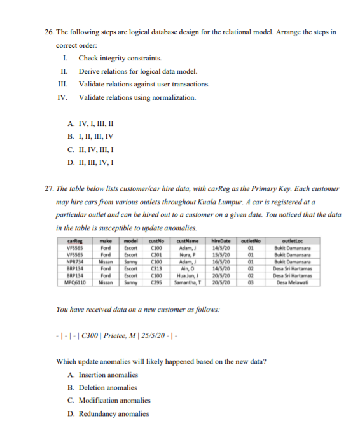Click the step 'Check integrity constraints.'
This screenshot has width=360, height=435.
click(x=114, y=58)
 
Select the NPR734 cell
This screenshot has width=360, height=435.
click(x=76, y=259)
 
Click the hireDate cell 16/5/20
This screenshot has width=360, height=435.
click(x=219, y=259)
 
